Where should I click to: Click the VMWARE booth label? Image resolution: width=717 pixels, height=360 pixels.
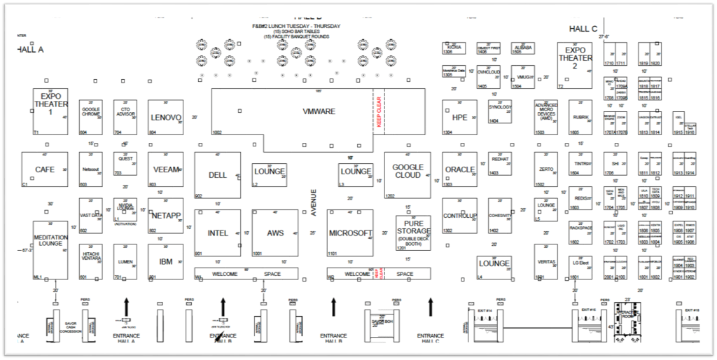tap(319, 111)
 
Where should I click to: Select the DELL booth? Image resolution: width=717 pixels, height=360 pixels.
tap(217, 175)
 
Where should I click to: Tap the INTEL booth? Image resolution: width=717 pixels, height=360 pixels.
tap(217, 233)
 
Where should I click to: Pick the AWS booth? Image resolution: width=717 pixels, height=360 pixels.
tap(275, 233)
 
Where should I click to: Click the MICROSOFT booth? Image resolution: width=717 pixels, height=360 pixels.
tap(350, 233)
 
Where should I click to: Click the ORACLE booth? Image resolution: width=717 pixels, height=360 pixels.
tap(459, 169)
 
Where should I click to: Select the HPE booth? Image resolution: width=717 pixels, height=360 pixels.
tap(459, 117)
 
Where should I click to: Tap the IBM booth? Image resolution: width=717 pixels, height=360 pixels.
tap(166, 261)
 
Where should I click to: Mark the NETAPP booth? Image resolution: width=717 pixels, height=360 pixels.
tap(166, 216)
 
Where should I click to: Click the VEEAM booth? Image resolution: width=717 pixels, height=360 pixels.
tap(166, 169)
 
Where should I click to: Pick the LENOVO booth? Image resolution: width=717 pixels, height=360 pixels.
tap(166, 117)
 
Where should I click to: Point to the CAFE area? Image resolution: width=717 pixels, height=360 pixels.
tap(45, 169)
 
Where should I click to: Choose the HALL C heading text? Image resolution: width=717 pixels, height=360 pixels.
tap(583, 28)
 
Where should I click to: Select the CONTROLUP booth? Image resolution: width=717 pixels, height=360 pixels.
tap(459, 216)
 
